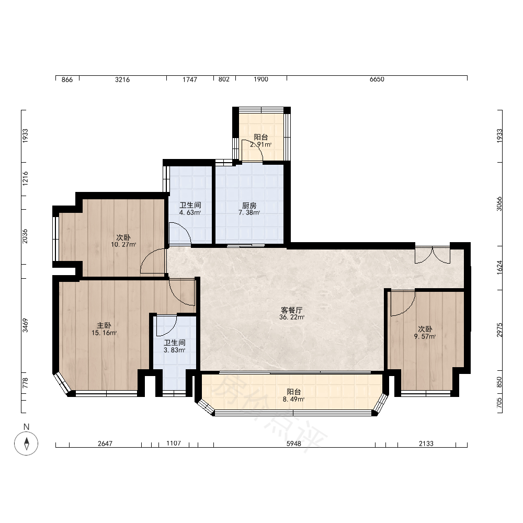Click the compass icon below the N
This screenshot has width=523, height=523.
click(x=26, y=444)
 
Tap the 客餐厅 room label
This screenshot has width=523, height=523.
click(x=291, y=310)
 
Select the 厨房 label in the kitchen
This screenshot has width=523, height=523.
click(x=249, y=206)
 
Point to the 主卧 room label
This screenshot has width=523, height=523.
click(x=104, y=325)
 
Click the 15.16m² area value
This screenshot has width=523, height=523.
click(x=104, y=333)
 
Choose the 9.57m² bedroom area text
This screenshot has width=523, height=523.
click(x=425, y=336)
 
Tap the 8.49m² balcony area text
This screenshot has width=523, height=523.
click(x=293, y=399)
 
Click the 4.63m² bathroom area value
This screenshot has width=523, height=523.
click(x=190, y=212)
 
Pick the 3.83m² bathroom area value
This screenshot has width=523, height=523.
click(x=175, y=350)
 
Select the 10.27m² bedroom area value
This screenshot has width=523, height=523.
click(x=123, y=244)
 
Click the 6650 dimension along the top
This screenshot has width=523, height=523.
click(x=377, y=79)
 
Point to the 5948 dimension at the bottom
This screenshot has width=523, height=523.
click(x=293, y=444)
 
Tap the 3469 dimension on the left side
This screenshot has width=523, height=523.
click(x=25, y=325)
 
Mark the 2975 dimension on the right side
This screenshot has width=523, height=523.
click(x=499, y=329)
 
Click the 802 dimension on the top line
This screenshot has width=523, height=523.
click(x=224, y=79)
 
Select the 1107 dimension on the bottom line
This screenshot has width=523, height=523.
click(x=174, y=444)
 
